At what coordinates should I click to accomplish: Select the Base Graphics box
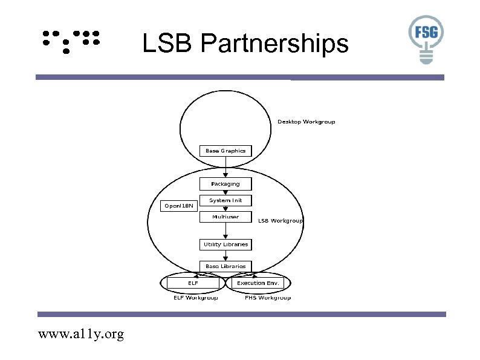click(225, 151)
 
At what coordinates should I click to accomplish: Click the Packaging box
click(225, 184)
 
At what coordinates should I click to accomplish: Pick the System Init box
click(225, 200)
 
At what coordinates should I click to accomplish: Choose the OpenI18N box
click(180, 206)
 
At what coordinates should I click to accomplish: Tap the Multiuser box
click(225, 217)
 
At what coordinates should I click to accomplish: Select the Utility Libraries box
click(225, 244)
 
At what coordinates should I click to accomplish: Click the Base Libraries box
click(225, 266)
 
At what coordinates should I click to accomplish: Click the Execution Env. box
click(258, 283)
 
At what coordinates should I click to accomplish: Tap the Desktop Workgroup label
click(306, 122)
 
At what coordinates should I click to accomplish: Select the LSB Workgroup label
click(281, 221)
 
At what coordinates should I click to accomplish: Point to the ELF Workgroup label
click(196, 298)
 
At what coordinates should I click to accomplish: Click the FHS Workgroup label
click(268, 298)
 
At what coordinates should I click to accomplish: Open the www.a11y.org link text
click(81, 334)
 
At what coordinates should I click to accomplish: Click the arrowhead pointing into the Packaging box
click(225, 175)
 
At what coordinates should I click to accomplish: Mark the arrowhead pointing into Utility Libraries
click(225, 236)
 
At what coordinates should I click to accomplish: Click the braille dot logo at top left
click(71, 41)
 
